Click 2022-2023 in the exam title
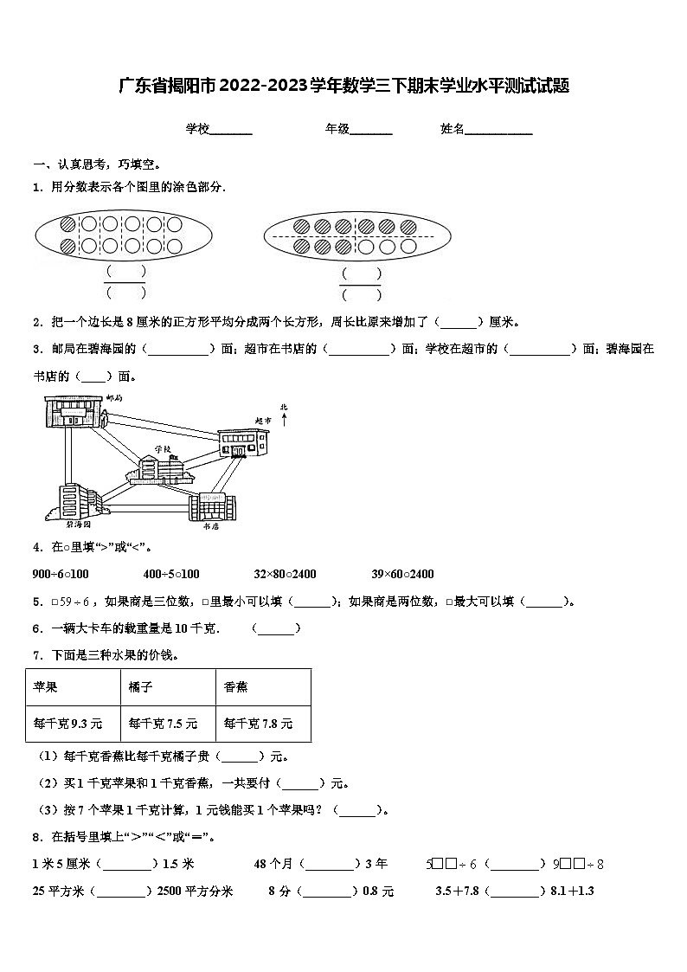point(264,86)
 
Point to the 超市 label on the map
point(263,420)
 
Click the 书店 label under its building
point(210,525)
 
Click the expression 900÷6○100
point(61,574)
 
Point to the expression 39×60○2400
point(402,574)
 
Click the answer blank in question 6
point(276,629)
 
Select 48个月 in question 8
point(273,863)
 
